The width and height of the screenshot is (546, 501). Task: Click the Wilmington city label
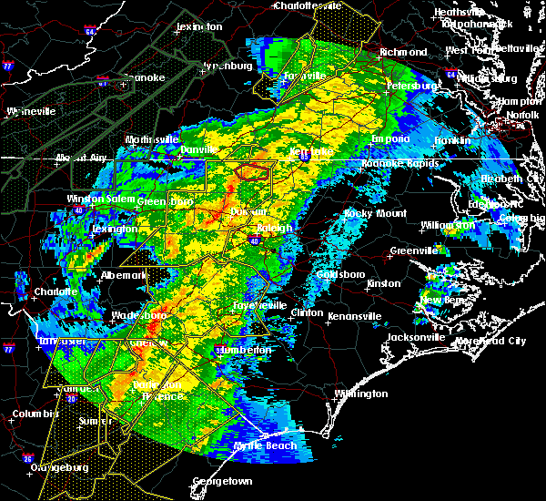(360, 394)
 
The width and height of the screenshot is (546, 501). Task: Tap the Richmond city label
(403, 52)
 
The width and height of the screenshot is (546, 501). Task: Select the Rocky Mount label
(369, 213)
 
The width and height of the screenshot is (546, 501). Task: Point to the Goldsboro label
(339, 274)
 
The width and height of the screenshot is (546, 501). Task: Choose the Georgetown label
(223, 480)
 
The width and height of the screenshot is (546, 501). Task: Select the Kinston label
(383, 283)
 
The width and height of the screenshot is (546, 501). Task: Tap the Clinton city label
(306, 312)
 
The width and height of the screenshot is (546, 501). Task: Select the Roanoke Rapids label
(401, 164)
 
